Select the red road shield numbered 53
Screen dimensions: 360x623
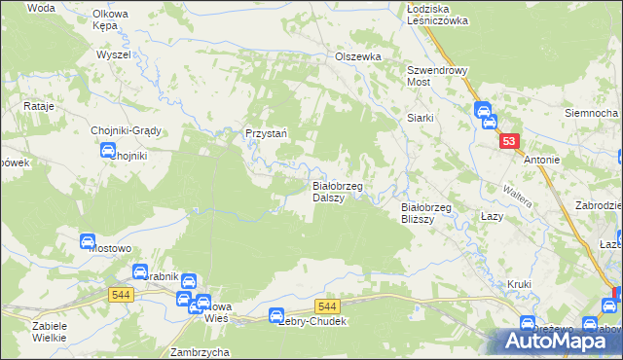[509, 142]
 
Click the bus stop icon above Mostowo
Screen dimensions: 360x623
[86, 240]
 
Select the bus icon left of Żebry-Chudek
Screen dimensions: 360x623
[275, 316]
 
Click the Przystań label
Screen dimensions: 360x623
[264, 134]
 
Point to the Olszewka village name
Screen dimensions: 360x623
[358, 56]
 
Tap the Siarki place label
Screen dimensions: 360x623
[420, 118]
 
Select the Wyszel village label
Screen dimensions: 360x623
[114, 54]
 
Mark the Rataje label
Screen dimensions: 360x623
[37, 104]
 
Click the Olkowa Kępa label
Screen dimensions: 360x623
[111, 19]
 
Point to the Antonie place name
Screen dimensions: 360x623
[541, 160]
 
